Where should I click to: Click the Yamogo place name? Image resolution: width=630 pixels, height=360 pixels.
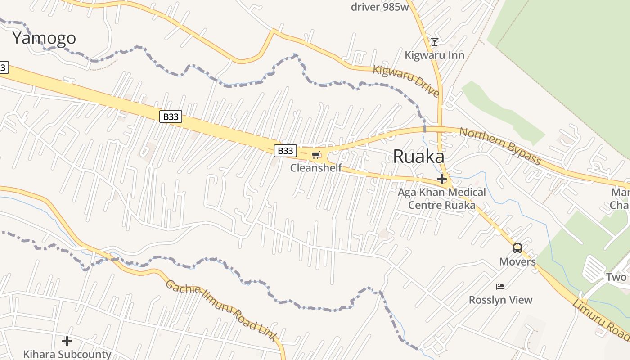(44, 38)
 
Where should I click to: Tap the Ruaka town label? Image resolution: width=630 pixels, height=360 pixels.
(418, 157)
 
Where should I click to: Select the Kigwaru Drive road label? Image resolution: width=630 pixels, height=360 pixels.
(406, 81)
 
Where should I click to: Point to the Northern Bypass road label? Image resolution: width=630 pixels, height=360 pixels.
(499, 145)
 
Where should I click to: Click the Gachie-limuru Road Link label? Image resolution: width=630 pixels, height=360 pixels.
(221, 310)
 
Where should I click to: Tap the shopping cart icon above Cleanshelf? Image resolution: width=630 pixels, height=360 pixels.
(316, 155)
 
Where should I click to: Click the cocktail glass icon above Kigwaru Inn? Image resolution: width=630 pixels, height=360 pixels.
(434, 42)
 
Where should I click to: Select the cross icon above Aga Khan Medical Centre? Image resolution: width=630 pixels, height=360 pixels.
(442, 179)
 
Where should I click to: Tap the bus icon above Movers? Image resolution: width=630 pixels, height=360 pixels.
(517, 248)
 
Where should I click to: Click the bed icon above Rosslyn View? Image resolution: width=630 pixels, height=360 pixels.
(500, 286)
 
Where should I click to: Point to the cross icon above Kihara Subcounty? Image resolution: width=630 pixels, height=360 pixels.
(67, 341)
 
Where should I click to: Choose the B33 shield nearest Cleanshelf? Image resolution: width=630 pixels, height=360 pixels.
(285, 150)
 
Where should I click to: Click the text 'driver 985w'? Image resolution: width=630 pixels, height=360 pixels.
(380, 7)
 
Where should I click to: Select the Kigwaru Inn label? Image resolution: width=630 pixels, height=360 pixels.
(434, 55)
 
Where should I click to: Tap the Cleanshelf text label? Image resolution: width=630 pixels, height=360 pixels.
(316, 168)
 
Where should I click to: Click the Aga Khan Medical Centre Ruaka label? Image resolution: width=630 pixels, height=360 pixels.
(441, 198)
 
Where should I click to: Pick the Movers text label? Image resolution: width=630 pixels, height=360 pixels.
(517, 261)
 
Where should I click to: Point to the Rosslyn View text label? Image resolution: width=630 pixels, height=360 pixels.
(500, 300)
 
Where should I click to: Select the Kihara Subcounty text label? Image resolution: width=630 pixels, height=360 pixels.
(67, 354)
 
